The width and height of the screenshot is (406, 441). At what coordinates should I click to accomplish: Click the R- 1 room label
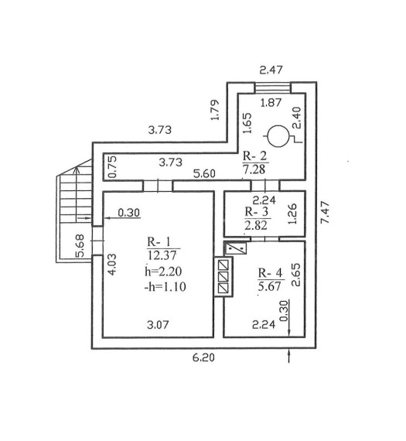point(159,242)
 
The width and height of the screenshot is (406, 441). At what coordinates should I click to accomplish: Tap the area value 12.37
point(162,255)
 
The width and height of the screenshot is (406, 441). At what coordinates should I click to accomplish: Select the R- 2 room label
point(254,156)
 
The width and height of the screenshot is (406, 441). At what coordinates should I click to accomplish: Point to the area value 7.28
point(254,169)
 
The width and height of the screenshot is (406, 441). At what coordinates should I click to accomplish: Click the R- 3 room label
point(257,211)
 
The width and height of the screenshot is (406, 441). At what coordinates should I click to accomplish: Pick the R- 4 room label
point(270,272)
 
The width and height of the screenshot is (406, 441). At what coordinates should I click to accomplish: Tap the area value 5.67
point(270,286)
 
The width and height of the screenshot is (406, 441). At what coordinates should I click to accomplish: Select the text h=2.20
point(163,272)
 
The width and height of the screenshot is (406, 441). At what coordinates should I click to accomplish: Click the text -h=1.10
point(165,287)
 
